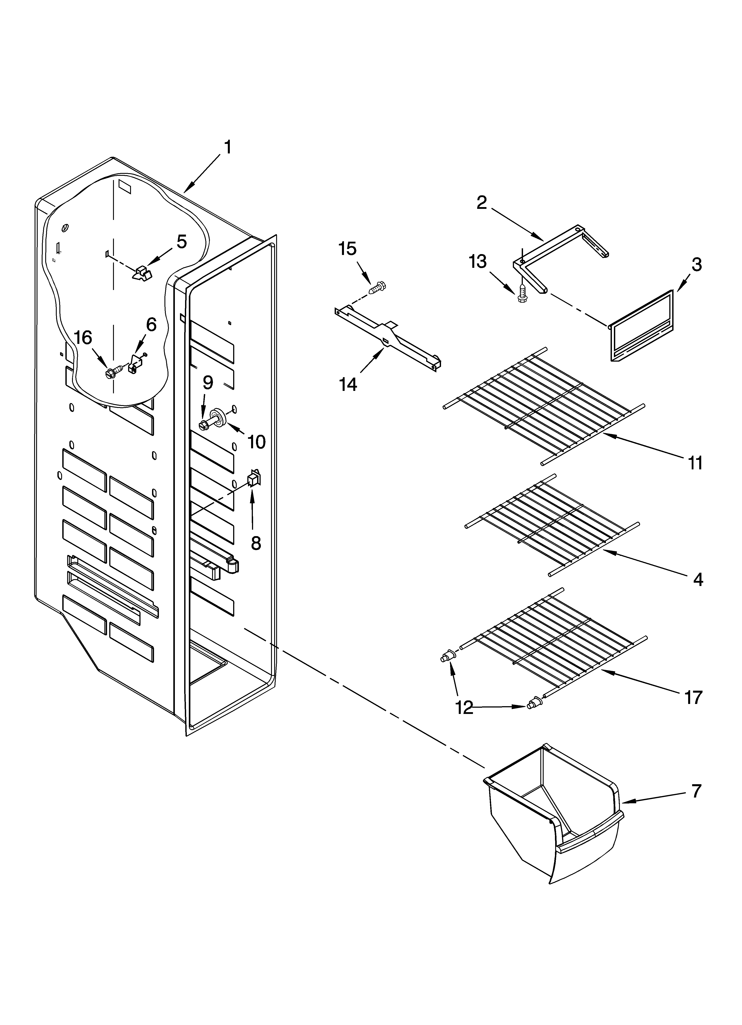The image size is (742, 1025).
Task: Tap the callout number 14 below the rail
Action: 348,385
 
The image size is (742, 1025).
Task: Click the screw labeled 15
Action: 378,287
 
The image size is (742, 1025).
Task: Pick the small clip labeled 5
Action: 142,273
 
